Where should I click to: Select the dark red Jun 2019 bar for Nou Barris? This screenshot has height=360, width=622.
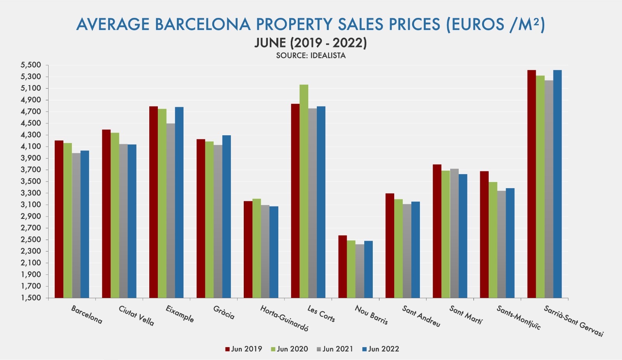coord(342,267)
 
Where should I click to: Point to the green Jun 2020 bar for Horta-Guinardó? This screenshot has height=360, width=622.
coord(257,248)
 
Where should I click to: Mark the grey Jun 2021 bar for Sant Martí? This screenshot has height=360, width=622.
coord(454,233)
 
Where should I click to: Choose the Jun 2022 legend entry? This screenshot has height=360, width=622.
coord(381,349)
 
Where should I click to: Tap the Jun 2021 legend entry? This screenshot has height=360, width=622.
coord(335,349)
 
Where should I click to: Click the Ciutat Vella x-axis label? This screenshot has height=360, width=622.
coord(136,316)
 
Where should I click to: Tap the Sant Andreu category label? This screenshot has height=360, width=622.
coord(421,316)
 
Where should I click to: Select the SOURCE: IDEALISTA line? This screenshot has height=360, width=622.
coord(311,56)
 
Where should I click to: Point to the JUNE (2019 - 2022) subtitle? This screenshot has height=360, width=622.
coord(311,42)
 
